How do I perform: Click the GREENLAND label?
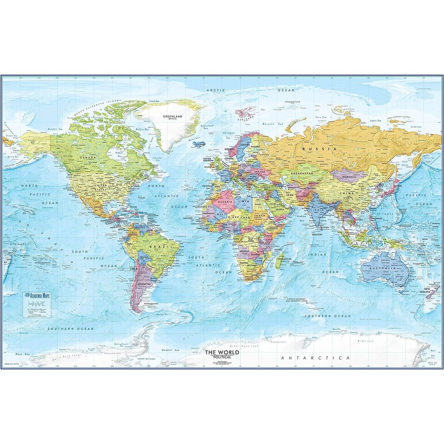click(x=172, y=117)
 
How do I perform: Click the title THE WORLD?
click(x=222, y=352)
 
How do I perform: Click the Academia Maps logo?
click(x=39, y=296)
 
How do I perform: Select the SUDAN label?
click(x=260, y=215)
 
